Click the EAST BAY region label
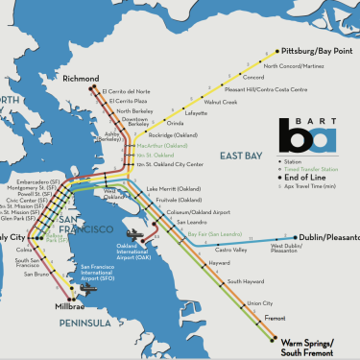point(241,156)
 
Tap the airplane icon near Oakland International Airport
point(133,233)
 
